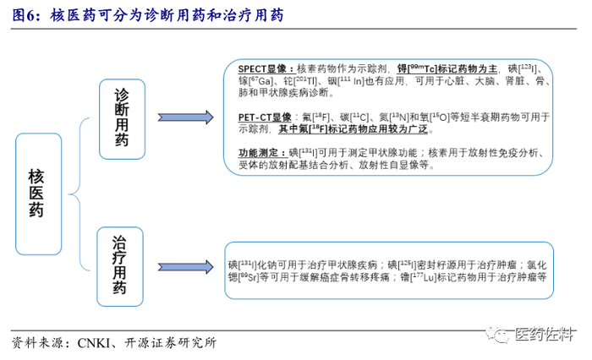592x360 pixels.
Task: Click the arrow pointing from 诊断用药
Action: coord(185,117)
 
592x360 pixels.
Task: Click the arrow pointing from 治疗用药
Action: coord(185,267)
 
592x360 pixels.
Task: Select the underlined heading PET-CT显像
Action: coord(265,117)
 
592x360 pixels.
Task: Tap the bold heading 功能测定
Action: coord(262,153)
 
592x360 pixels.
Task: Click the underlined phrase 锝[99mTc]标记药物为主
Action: coord(447,68)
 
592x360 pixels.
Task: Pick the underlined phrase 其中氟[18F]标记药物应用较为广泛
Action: coord(353,129)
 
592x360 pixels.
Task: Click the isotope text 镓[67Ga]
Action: coord(255,81)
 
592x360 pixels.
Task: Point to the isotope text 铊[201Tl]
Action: coord(300,81)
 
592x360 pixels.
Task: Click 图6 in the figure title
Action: coord(24,15)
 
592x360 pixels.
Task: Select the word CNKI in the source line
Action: coord(94,342)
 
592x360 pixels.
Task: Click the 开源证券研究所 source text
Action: coord(171,342)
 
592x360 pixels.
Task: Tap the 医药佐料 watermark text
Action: coord(544,335)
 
